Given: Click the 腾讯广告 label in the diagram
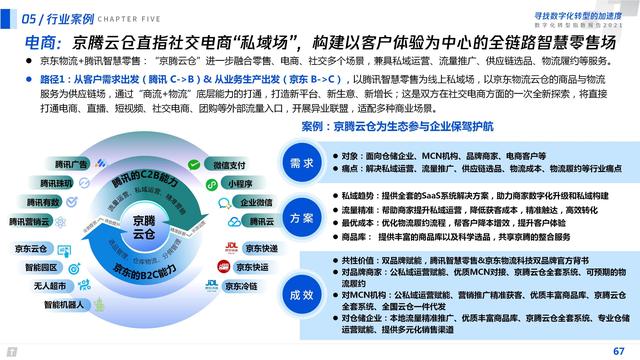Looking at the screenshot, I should coord(43,164).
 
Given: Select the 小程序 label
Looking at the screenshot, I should coord(238,184).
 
